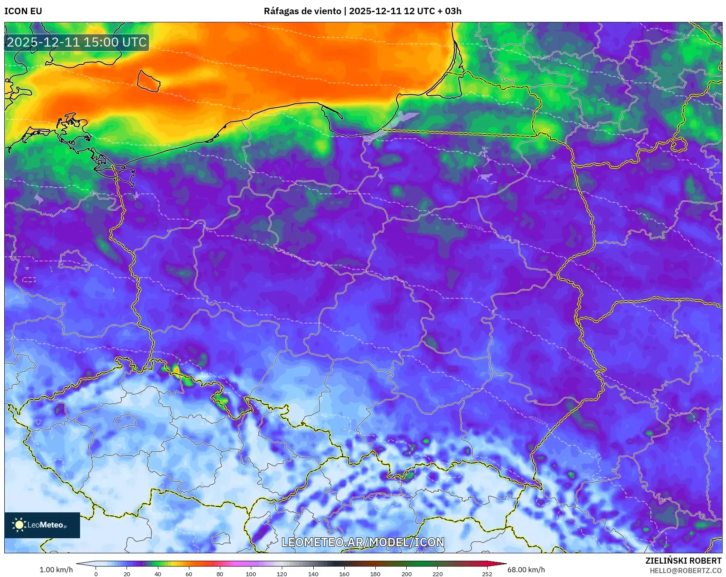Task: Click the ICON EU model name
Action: pyautogui.click(x=23, y=11)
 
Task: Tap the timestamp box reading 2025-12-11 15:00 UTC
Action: pyautogui.click(x=77, y=42)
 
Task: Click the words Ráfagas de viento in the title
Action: pyautogui.click(x=302, y=11)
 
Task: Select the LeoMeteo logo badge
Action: pyautogui.click(x=42, y=525)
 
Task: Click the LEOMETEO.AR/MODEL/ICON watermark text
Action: pyautogui.click(x=363, y=542)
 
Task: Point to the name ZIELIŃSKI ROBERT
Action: pyautogui.click(x=683, y=561)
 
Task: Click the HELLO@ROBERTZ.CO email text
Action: pyautogui.click(x=685, y=571)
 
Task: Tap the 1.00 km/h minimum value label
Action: pyautogui.click(x=56, y=570)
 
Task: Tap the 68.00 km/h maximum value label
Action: pyautogui.click(x=526, y=570)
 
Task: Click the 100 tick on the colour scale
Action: pyautogui.click(x=251, y=574)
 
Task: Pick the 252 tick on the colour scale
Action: pyautogui.click(x=487, y=574)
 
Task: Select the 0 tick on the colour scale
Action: pyautogui.click(x=96, y=574)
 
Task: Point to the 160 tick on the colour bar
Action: pyautogui.click(x=344, y=574)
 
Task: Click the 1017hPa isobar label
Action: pyautogui.click(x=474, y=227)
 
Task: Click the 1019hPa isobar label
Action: pyautogui.click(x=577, y=359)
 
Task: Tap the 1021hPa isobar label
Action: pyautogui.click(x=539, y=421)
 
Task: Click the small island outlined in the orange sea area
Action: pyautogui.click(x=148, y=81)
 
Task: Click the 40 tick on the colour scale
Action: pyautogui.click(x=158, y=574)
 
